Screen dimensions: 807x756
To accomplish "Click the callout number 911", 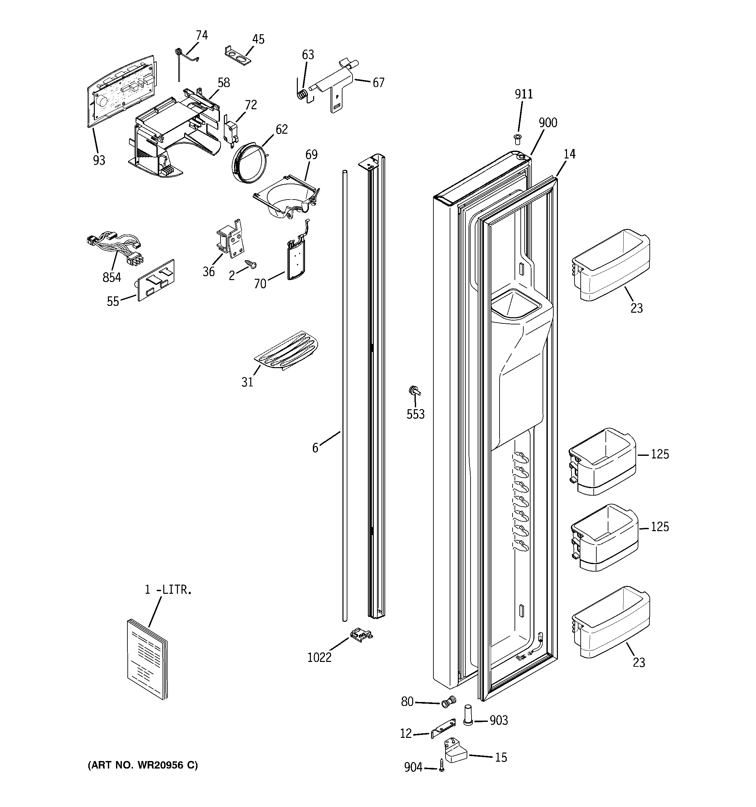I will [x=523, y=94].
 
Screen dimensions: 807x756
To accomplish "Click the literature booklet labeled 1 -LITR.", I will [x=147, y=660].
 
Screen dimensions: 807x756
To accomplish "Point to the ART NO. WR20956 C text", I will [x=143, y=765].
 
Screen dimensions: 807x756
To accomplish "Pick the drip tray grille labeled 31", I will [x=286, y=351].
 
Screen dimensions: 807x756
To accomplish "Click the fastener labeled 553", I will [x=414, y=391].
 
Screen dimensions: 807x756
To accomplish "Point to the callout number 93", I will [x=99, y=160].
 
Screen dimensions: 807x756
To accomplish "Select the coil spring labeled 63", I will [x=301, y=94].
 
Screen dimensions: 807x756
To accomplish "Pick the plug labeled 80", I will [x=449, y=702].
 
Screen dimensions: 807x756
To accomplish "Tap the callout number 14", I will [x=569, y=154].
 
